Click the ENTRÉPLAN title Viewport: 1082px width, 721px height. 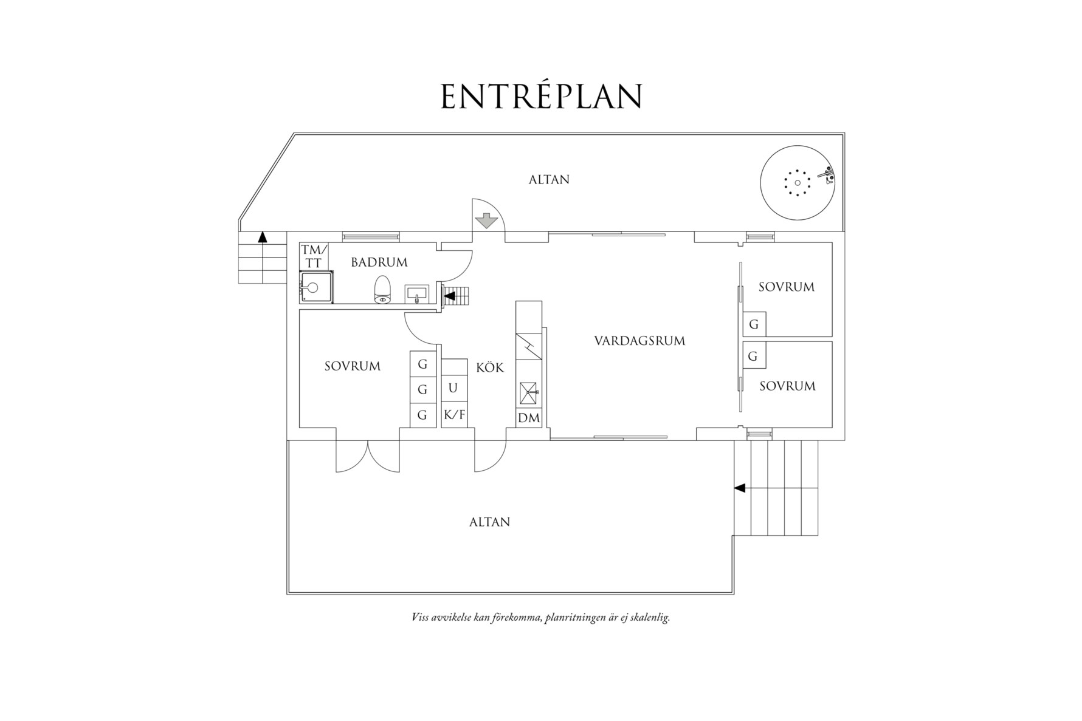[541, 96]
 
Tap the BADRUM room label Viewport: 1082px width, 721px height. [379, 262]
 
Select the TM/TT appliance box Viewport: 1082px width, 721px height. [314, 256]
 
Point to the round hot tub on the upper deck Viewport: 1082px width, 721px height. [797, 182]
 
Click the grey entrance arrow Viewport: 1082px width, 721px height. [486, 220]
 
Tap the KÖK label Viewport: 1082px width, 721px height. [490, 367]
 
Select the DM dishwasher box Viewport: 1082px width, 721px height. [529, 418]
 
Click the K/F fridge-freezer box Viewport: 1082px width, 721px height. [454, 415]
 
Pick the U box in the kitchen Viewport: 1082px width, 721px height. [453, 388]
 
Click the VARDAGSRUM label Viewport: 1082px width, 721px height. [639, 341]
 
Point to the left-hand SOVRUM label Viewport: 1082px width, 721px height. [353, 366]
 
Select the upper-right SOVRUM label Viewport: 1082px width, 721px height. [787, 287]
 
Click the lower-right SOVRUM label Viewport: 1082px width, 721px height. [787, 386]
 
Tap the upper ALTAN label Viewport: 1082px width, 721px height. [549, 180]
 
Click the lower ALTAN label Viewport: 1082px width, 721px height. [489, 522]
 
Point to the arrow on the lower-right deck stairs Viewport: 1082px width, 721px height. [740, 488]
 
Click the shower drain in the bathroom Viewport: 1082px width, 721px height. [314, 288]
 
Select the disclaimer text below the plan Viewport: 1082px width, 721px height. [540, 618]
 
